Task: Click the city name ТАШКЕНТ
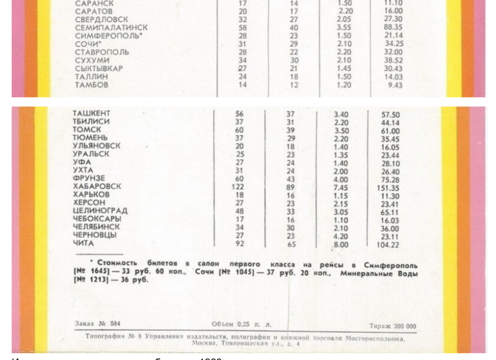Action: tap(91, 114)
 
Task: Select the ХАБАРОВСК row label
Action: tap(97, 186)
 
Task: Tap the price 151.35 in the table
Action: tap(388, 188)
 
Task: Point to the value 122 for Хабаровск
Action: tap(238, 187)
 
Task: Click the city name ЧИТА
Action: tap(83, 243)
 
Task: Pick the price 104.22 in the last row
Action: tap(387, 245)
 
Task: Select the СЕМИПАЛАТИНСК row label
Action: tap(111, 28)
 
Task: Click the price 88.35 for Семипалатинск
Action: tap(393, 27)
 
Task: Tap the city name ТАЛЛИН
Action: tap(91, 77)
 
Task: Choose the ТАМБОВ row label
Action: tap(91, 85)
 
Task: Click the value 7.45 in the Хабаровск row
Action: tap(341, 188)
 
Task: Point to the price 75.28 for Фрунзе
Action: tap(390, 180)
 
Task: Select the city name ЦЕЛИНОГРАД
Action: tap(100, 211)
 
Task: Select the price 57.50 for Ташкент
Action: tap(390, 115)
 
